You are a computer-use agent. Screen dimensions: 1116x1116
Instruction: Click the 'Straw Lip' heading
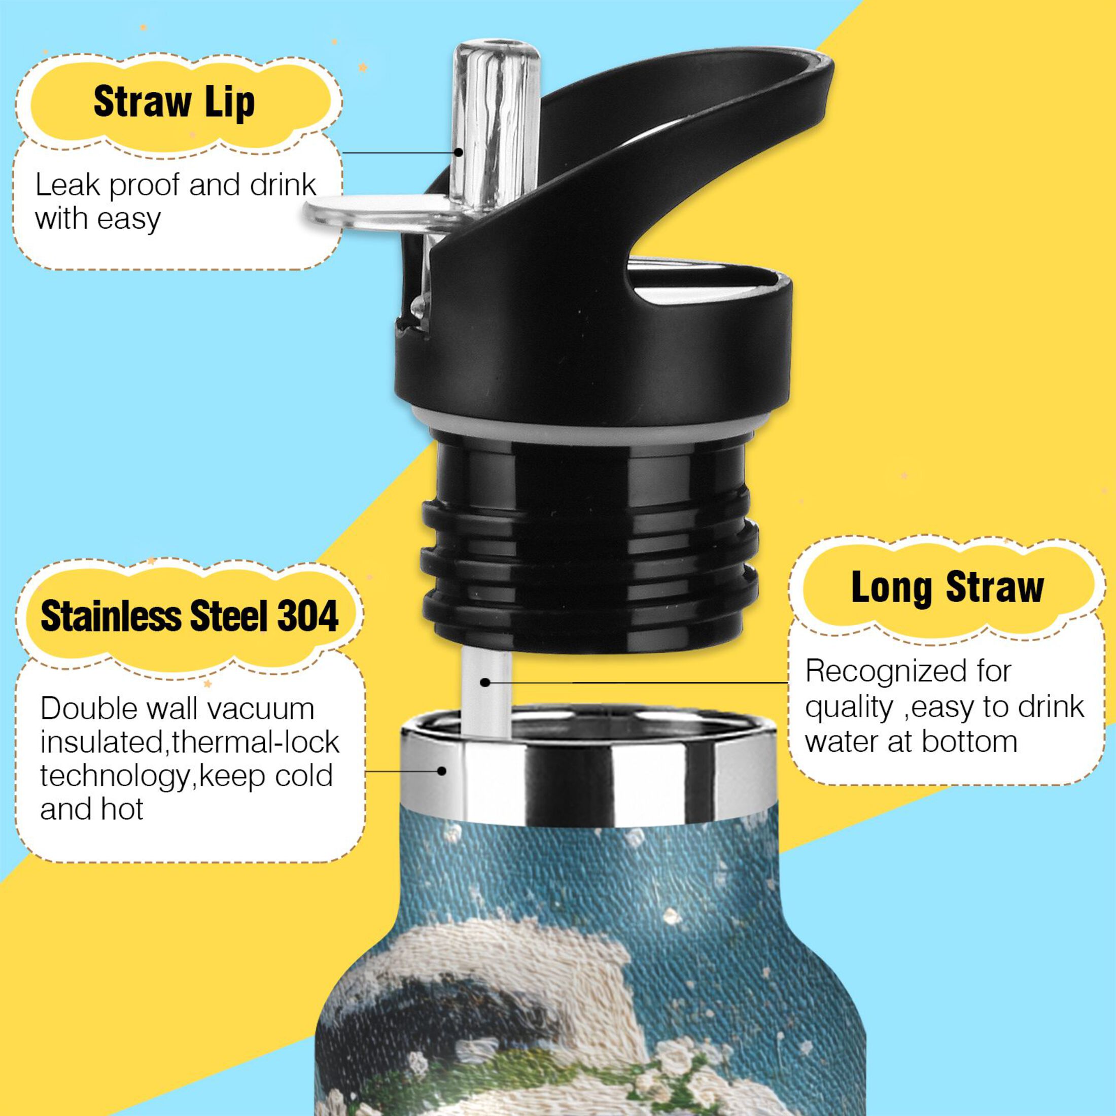tap(174, 102)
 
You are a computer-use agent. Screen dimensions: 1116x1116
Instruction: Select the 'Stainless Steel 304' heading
tap(189, 616)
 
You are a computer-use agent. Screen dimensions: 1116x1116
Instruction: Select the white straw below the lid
tap(486, 693)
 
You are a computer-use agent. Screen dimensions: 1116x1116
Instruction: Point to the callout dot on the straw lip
tap(458, 153)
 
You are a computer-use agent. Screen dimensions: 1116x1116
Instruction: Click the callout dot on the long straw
tap(485, 683)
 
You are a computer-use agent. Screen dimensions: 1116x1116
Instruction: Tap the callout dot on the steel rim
tap(442, 771)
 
